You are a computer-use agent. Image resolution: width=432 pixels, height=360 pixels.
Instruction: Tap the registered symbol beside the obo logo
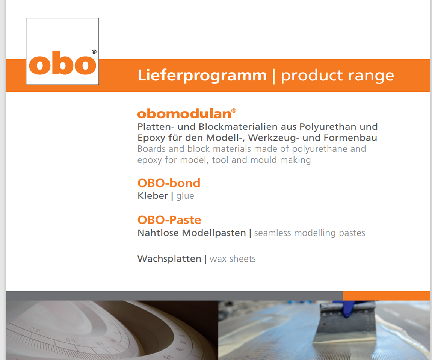pyautogui.click(x=94, y=52)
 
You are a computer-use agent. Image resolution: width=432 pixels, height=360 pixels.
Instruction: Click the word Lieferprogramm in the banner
pyautogui.click(x=202, y=75)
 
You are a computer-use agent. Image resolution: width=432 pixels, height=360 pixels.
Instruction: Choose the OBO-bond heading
pyautogui.click(x=169, y=183)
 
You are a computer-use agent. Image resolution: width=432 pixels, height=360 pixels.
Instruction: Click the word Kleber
pyautogui.click(x=153, y=196)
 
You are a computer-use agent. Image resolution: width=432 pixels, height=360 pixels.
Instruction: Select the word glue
pyautogui.click(x=185, y=196)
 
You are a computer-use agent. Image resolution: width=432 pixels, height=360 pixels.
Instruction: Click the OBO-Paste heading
pyautogui.click(x=169, y=220)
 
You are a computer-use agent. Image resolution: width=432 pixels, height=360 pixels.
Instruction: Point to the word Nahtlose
pyautogui.click(x=158, y=233)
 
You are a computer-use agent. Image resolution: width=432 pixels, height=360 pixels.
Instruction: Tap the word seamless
pyautogui.click(x=272, y=233)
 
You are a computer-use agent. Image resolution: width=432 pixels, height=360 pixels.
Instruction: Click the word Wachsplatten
pyautogui.click(x=169, y=259)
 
